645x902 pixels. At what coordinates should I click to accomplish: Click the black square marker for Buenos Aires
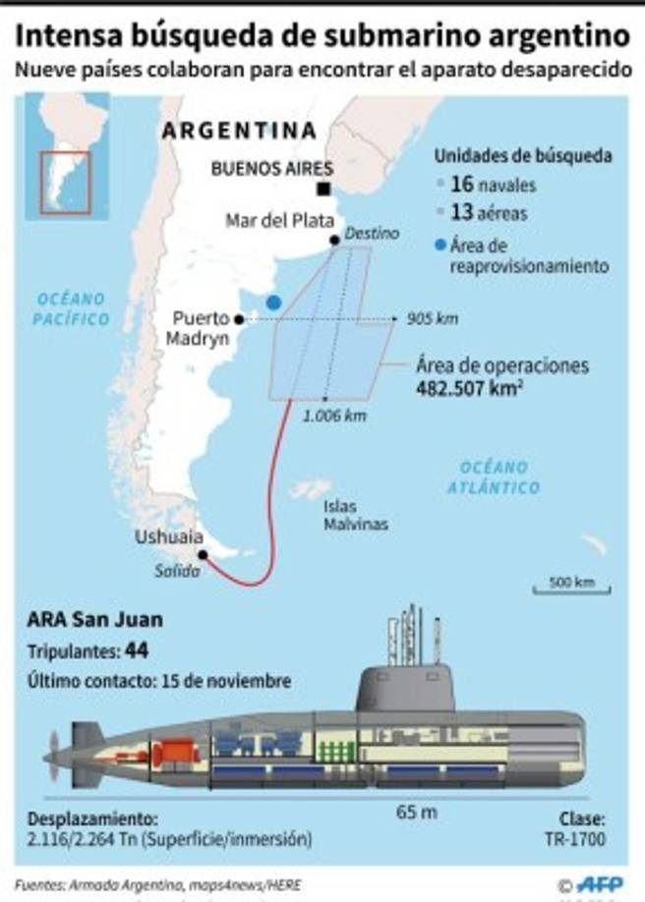[x=322, y=190]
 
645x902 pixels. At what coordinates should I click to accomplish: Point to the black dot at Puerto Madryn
[x=238, y=318]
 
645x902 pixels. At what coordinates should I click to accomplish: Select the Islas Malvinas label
[x=355, y=516]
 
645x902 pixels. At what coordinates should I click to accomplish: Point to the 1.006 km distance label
[x=334, y=416]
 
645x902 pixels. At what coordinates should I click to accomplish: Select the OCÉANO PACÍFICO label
[x=70, y=309]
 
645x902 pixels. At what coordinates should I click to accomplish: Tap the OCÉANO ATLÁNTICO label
[x=493, y=477]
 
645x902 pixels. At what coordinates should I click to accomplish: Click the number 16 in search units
[x=462, y=184]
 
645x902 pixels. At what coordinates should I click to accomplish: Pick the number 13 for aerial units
[x=462, y=212]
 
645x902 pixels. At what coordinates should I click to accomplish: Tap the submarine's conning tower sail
[x=406, y=689]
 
